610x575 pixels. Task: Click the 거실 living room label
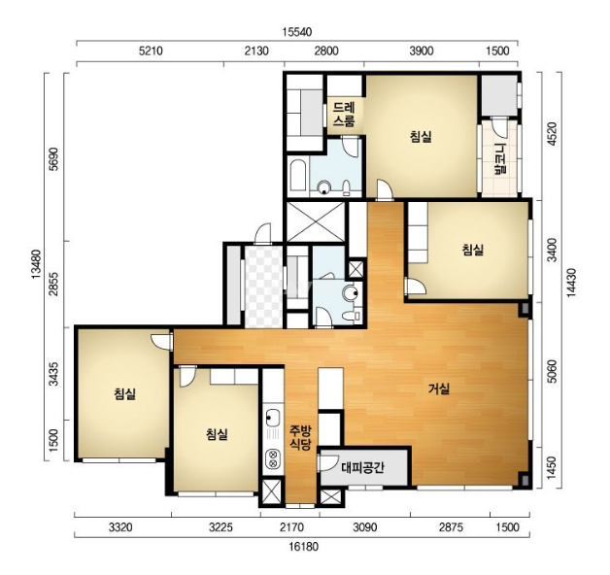coord(439,389)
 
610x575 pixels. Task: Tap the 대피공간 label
coord(362,467)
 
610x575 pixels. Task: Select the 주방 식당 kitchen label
coord(300,438)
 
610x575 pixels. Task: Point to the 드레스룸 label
coord(344,115)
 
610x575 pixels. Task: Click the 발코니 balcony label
coord(499,159)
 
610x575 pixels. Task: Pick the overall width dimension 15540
coord(297,32)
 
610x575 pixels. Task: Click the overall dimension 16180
coord(303,547)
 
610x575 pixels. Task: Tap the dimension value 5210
coord(151,51)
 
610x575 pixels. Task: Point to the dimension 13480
coord(36,264)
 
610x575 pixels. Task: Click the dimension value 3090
coord(364,527)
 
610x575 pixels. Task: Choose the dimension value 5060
coord(552,372)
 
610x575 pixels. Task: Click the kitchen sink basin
coord(272,419)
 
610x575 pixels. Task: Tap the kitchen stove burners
coord(273,458)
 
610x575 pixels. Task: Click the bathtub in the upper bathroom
coord(298,175)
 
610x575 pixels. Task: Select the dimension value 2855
coord(53,284)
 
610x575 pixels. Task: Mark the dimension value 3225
coord(220,527)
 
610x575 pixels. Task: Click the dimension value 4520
coord(552,134)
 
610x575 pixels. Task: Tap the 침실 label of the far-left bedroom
coord(124,393)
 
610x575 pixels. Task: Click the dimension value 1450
coord(552,468)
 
